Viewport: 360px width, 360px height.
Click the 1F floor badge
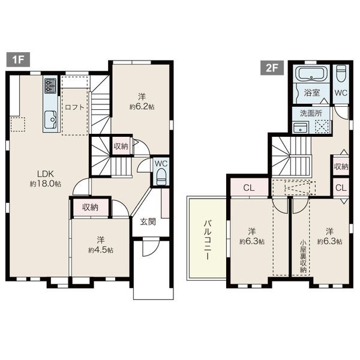point(18,59)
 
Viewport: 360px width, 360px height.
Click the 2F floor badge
point(272,68)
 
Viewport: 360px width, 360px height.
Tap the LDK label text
point(46,174)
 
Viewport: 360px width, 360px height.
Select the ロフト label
point(75,107)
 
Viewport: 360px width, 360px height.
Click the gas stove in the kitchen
point(50,86)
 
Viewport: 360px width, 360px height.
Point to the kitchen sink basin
point(50,119)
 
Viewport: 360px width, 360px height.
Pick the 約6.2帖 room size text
point(142,107)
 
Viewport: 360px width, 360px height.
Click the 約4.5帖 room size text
point(101,250)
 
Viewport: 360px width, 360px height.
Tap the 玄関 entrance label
point(148,222)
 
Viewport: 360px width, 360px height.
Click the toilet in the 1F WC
point(161,176)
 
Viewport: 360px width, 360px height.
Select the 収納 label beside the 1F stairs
point(121,146)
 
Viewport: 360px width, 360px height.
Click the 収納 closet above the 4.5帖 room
point(91,208)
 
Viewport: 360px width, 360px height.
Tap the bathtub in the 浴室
point(311,73)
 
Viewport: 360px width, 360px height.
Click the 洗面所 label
point(311,113)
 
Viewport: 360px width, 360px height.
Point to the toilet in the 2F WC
point(341,73)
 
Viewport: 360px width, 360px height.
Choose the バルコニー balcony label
point(208,240)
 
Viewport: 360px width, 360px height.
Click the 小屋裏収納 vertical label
point(304,256)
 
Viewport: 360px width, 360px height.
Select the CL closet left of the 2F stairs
point(250,188)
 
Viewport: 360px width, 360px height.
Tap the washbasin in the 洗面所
point(301,128)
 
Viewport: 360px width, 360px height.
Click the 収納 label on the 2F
point(341,167)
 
